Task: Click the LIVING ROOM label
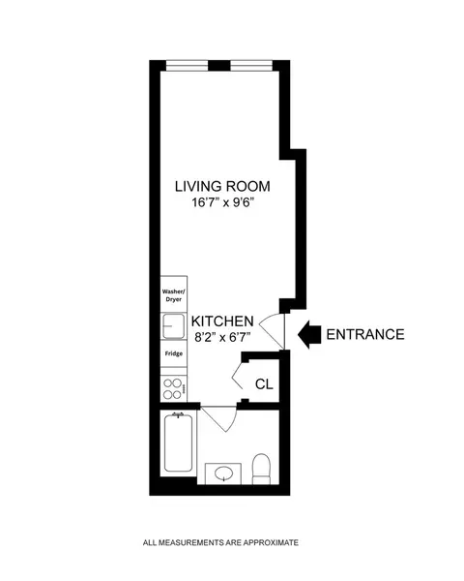[x=221, y=186]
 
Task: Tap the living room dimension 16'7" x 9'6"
[x=221, y=203]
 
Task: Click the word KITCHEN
[x=222, y=321]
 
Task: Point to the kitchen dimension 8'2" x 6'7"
[x=222, y=338]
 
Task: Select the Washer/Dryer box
[x=172, y=297]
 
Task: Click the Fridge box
[x=172, y=355]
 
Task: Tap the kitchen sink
[x=172, y=327]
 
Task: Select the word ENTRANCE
[x=364, y=335]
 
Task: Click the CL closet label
[x=263, y=384]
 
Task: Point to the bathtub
[x=178, y=446]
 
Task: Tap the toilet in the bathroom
[x=260, y=470]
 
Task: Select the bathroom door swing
[x=219, y=420]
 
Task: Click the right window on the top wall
[x=251, y=66]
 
